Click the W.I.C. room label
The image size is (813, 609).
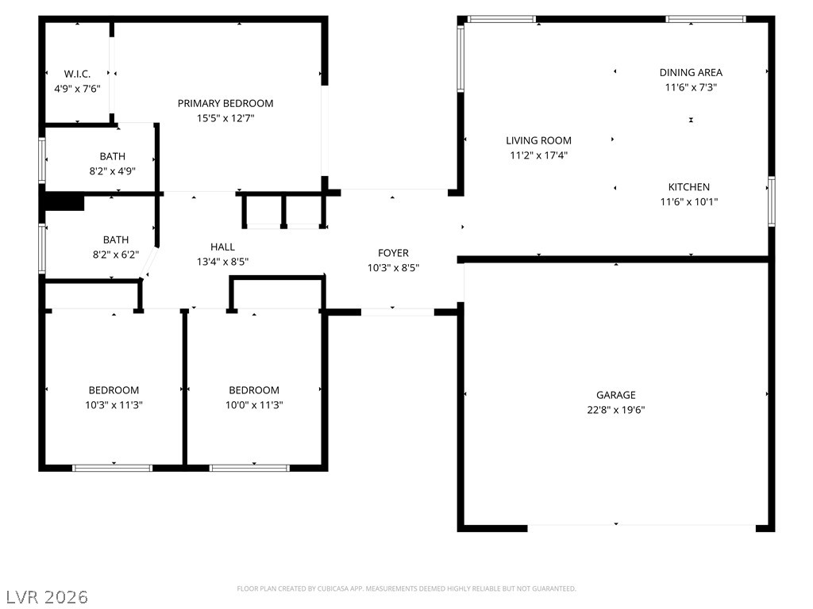[77, 74]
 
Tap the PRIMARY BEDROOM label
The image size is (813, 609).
[225, 104]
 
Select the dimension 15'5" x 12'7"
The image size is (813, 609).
[225, 118]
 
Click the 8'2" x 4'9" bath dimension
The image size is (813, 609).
[113, 171]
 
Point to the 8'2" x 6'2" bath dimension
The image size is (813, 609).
[116, 255]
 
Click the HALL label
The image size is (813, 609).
[222, 247]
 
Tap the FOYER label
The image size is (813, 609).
[393, 253]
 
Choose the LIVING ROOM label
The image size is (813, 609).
[539, 140]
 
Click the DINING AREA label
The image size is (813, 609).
[692, 72]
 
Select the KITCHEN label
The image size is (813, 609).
[689, 187]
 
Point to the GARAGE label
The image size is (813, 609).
[616, 395]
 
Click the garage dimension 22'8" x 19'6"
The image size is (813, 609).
[616, 410]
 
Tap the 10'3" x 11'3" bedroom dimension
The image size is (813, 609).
[114, 405]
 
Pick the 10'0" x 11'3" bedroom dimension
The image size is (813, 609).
[254, 405]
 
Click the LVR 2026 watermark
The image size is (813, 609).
[47, 597]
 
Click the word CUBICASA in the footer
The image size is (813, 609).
[331, 589]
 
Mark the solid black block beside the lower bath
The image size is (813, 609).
[62, 201]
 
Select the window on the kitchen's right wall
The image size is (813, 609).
[772, 201]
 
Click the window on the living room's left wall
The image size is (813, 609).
[460, 59]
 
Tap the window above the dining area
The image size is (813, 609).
[706, 19]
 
